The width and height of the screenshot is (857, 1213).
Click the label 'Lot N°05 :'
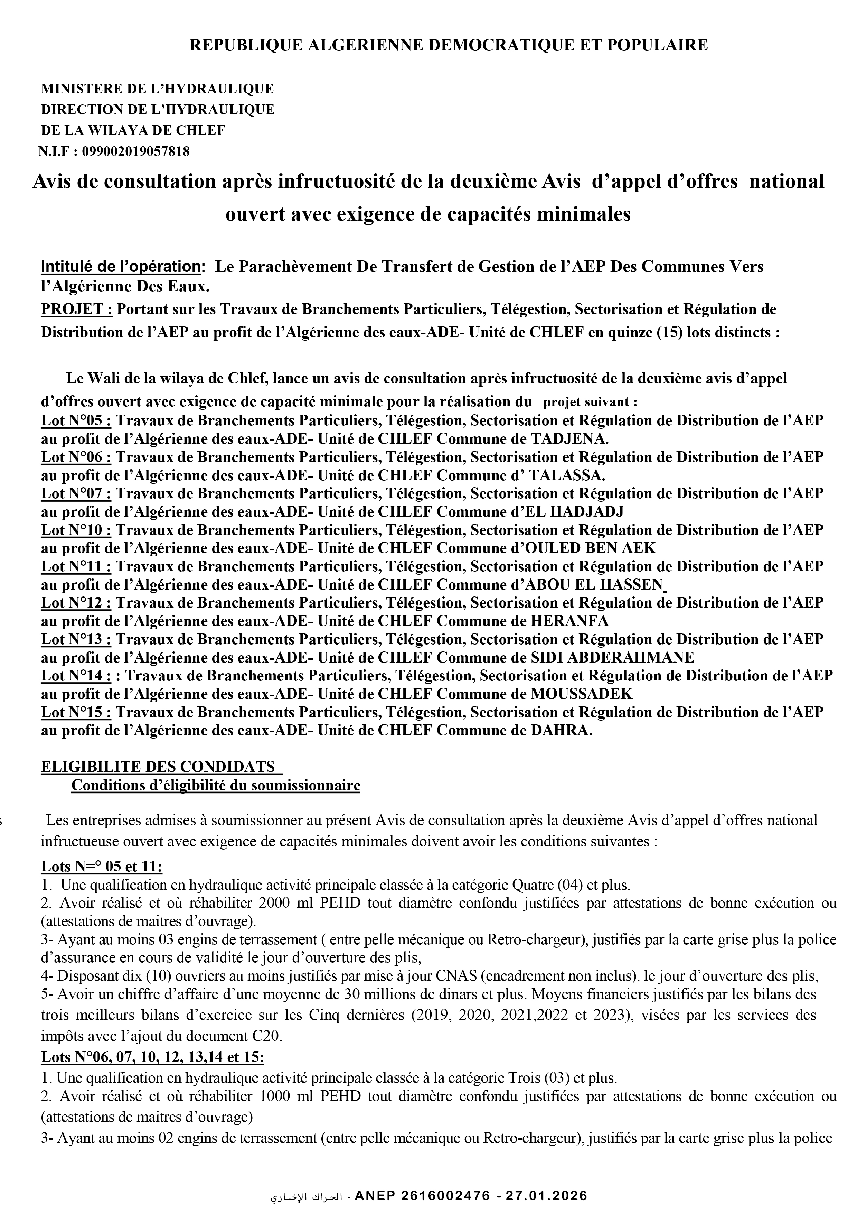click(x=76, y=420)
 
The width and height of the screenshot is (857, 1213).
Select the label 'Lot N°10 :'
click(x=76, y=530)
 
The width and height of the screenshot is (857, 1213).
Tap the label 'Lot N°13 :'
click(x=76, y=639)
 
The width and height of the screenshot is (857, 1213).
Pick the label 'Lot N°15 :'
click(x=76, y=712)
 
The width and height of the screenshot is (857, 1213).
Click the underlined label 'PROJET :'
click(x=77, y=308)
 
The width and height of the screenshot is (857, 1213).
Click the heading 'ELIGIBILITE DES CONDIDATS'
click(x=158, y=767)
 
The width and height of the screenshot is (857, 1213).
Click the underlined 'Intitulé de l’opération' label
click(x=120, y=267)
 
